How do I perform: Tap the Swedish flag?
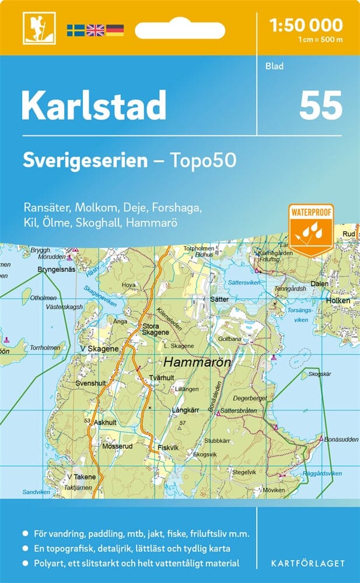[75, 30]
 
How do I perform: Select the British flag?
[95, 30]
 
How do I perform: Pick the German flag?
[114, 30]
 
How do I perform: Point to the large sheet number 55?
[320, 106]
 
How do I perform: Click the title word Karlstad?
[94, 106]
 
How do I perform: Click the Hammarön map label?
[197, 362]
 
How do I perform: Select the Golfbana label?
[230, 338]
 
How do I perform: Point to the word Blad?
[274, 66]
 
